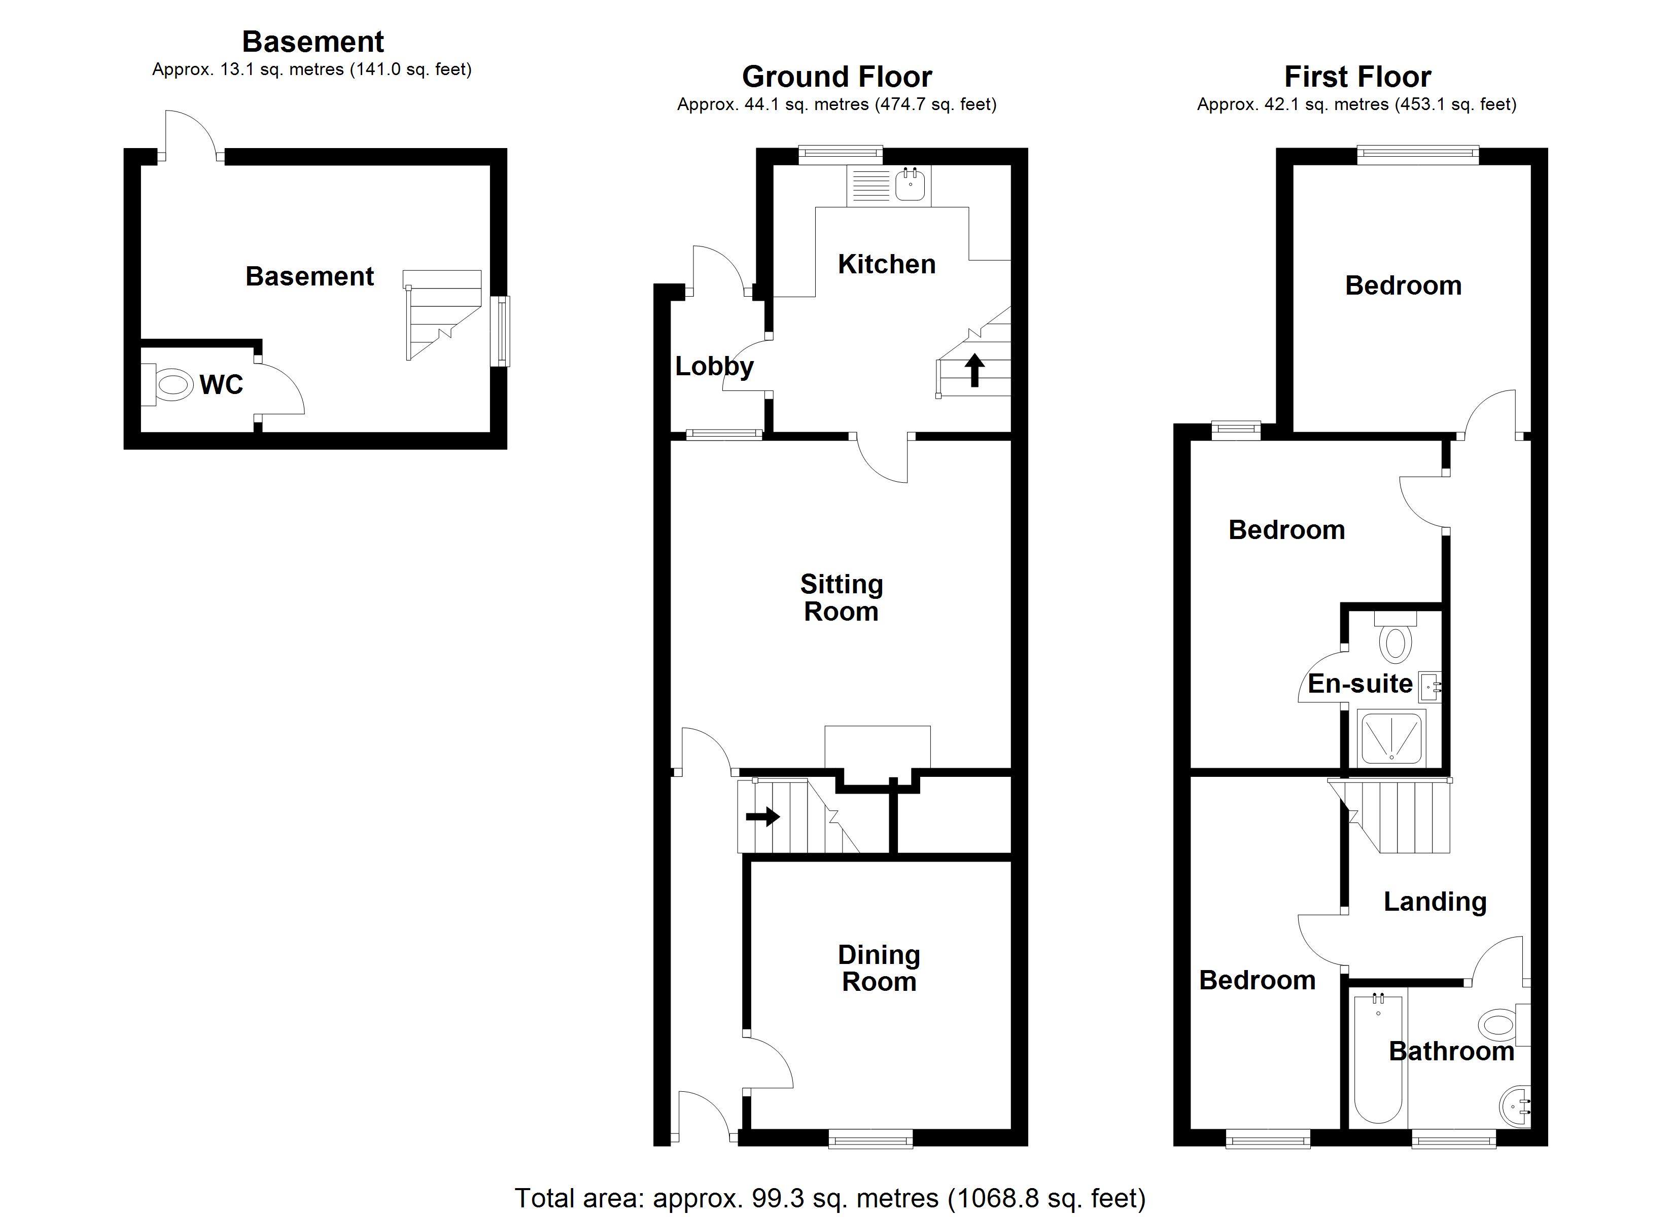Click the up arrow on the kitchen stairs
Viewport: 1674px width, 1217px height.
(974, 370)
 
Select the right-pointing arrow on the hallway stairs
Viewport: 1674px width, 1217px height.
(762, 816)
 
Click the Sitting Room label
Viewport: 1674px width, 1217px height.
(842, 598)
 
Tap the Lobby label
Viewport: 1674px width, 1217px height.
(714, 366)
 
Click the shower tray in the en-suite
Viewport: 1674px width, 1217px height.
(1391, 738)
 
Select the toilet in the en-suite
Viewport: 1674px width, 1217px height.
(1395, 639)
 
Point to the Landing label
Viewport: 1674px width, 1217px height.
(1434, 901)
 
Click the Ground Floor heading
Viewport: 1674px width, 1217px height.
(836, 77)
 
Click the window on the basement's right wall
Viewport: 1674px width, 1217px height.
(502, 331)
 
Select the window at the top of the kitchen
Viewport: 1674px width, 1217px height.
(841, 154)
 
